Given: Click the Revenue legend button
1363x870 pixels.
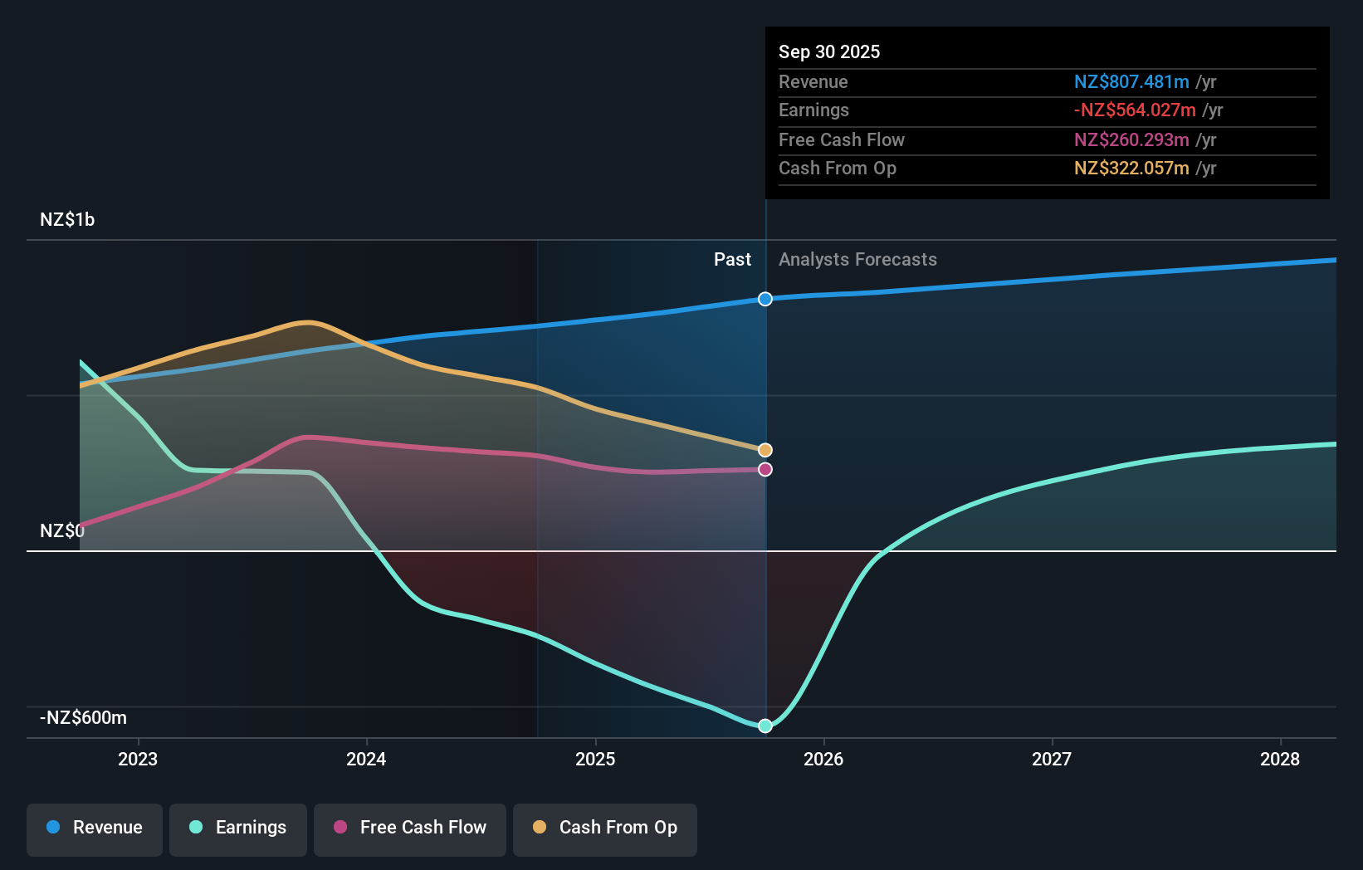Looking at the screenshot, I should (95, 828).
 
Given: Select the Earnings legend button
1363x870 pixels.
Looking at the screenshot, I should (238, 828).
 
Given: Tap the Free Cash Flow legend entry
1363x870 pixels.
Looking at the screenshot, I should (410, 828).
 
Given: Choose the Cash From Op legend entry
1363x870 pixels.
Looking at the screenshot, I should (605, 828).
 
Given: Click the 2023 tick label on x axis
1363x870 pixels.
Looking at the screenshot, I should (138, 760).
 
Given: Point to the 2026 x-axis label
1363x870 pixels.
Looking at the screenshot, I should (823, 760).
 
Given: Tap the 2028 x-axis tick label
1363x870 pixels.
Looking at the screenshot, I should (1280, 760).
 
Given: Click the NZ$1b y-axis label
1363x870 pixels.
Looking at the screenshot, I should (67, 220).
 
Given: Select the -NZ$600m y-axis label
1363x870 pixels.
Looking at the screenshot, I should (84, 718).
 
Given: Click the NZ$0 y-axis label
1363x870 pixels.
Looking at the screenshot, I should (62, 531).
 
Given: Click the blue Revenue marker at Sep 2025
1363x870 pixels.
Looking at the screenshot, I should (765, 299).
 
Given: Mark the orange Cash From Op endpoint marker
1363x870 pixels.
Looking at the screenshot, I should (765, 450).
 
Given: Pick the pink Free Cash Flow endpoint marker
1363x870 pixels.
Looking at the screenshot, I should (765, 470).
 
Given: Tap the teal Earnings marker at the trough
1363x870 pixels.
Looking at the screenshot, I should (765, 726).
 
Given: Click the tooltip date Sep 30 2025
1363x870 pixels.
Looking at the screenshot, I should (829, 52).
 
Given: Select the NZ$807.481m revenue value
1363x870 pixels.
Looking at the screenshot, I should (1131, 82).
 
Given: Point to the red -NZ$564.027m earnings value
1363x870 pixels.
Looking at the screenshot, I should (1135, 110).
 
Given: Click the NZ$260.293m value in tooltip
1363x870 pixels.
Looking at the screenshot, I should (1131, 140).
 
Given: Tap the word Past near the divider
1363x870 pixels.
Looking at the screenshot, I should (732, 260).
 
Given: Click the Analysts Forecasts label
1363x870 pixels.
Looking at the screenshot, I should (857, 260).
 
